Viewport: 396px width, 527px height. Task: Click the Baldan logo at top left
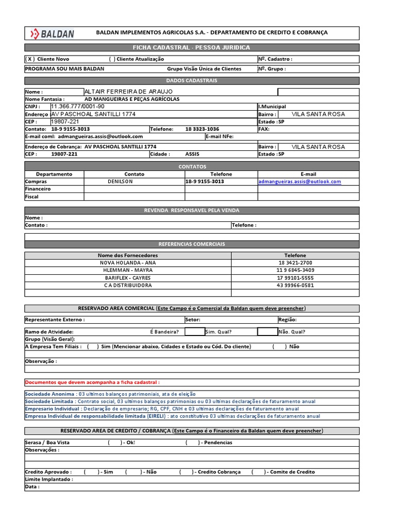click(x=52, y=34)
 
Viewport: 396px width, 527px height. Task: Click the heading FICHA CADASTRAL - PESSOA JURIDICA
click(x=192, y=48)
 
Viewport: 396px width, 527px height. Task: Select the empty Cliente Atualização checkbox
click(x=112, y=59)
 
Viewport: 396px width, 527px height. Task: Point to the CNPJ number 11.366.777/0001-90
click(x=77, y=107)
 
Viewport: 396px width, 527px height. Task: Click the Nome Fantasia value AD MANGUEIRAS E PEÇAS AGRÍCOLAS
click(x=131, y=99)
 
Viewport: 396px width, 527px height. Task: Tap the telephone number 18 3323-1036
click(x=202, y=129)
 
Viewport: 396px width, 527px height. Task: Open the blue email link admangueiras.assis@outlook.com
click(x=300, y=182)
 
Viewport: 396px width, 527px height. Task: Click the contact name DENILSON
click(x=120, y=182)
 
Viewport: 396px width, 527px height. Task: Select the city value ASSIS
click(x=191, y=154)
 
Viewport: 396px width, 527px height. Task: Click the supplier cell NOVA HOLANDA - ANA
click(x=128, y=262)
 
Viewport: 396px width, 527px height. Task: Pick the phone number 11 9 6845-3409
click(x=295, y=270)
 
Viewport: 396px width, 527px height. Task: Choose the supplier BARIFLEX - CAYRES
click(x=128, y=277)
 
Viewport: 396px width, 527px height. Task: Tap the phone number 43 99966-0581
click(x=295, y=285)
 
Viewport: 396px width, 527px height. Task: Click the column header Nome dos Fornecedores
click(x=128, y=255)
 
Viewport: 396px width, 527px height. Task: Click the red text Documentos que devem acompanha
click(x=92, y=382)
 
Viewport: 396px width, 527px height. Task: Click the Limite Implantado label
click(x=49, y=479)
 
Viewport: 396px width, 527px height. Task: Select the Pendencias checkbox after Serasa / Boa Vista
click(x=192, y=443)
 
